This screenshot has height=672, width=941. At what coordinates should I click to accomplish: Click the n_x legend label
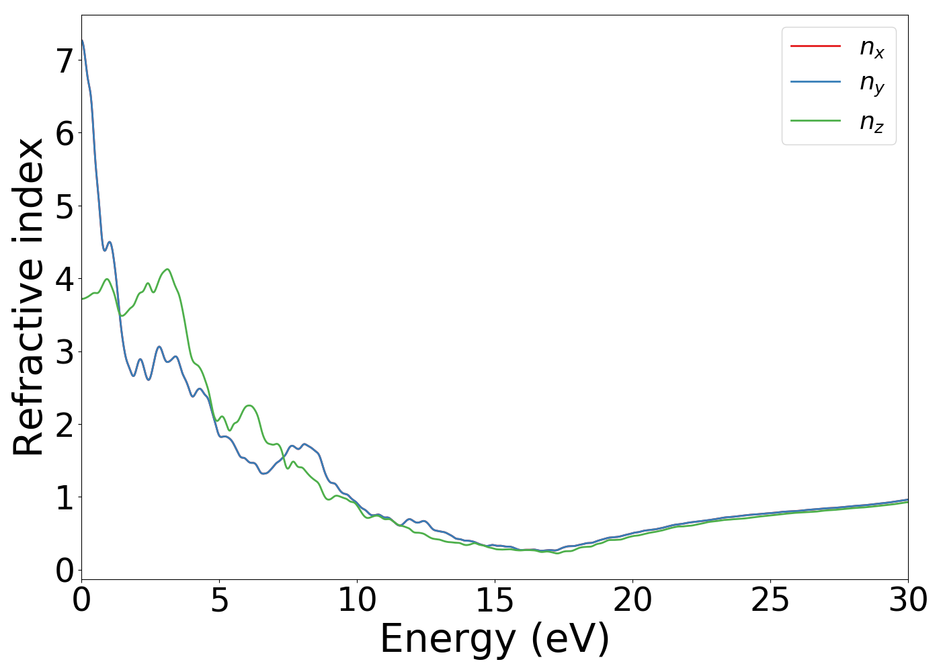(872, 47)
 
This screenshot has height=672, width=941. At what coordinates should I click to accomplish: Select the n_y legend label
(872, 83)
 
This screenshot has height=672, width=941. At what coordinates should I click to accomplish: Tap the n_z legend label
(872, 122)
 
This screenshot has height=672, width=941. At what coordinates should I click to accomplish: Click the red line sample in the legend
(815, 46)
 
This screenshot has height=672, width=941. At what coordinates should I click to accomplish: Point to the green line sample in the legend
(815, 120)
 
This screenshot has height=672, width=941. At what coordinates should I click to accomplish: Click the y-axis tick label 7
(64, 61)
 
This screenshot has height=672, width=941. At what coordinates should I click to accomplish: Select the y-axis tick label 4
(64, 279)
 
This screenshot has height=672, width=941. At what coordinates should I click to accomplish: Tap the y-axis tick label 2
(64, 425)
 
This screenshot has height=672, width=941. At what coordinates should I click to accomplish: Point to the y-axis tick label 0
(64, 571)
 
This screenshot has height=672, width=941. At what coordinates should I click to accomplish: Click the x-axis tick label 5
(220, 600)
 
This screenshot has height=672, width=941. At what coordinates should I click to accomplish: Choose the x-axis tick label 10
(357, 600)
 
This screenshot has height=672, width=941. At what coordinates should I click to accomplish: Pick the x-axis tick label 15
(495, 600)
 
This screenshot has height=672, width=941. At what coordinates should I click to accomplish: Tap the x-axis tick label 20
(632, 600)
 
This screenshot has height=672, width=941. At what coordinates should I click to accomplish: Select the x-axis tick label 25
(770, 600)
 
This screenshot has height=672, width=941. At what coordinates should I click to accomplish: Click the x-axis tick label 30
(908, 600)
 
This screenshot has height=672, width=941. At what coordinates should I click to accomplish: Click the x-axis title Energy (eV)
(495, 639)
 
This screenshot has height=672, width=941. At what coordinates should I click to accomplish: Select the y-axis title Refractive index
(28, 297)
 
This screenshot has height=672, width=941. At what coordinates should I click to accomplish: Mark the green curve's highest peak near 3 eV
(167, 269)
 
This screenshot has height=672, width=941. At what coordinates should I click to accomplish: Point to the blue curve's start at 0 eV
(82, 40)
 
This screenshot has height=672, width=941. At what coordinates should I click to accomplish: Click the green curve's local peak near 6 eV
(249, 405)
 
